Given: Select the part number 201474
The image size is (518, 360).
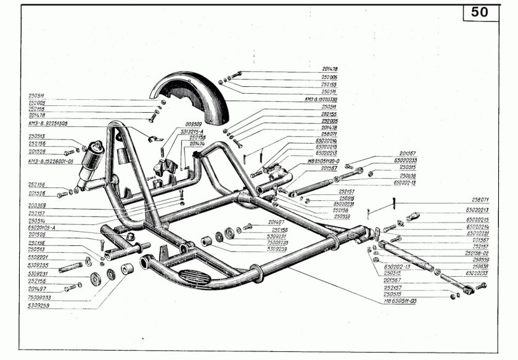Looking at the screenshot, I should click(x=197, y=144).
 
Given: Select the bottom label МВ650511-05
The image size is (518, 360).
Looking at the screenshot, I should click(x=401, y=301).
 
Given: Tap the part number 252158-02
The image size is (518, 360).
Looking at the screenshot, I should click(x=476, y=253).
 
